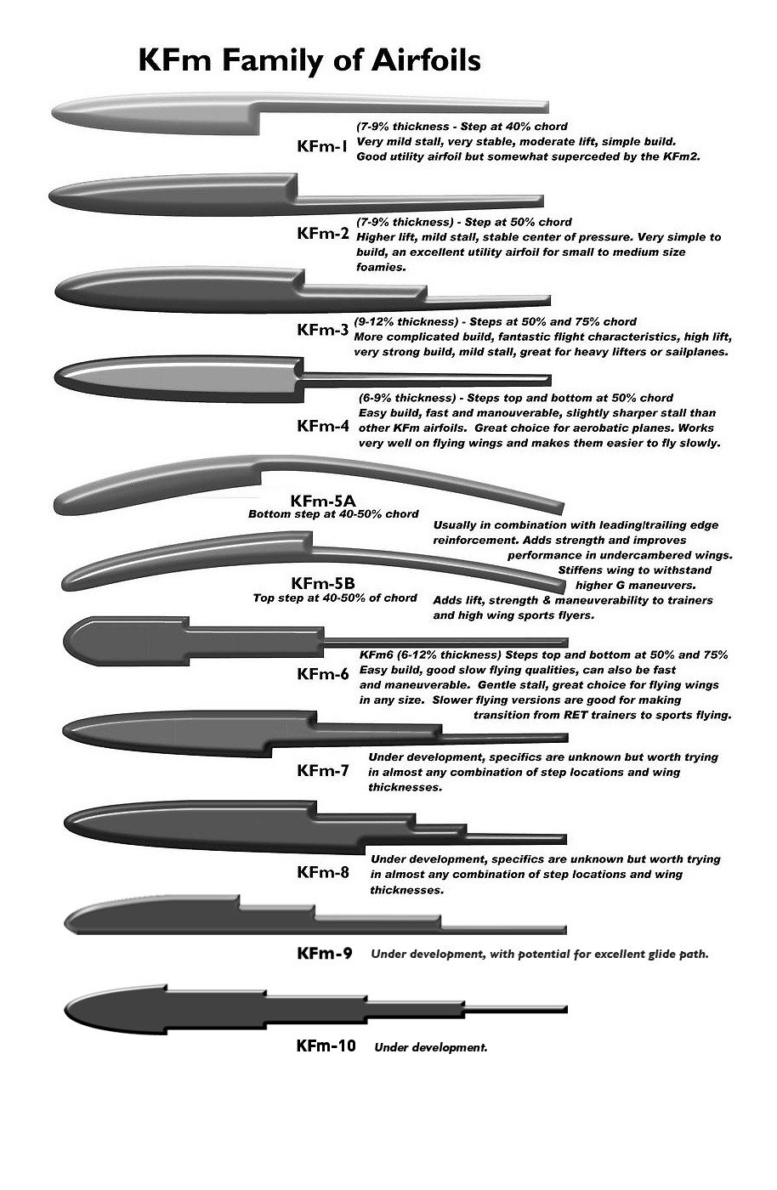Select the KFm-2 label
click(x=323, y=234)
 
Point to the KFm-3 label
click(x=323, y=329)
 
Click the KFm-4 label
click(x=323, y=426)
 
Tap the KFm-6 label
click(x=323, y=674)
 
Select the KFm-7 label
click(x=323, y=771)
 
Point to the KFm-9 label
click(x=325, y=953)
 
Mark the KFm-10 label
click(x=326, y=1045)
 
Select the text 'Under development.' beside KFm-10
click(x=430, y=1047)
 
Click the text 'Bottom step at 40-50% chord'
click(x=333, y=514)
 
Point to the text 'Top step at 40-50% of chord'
click(x=335, y=598)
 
